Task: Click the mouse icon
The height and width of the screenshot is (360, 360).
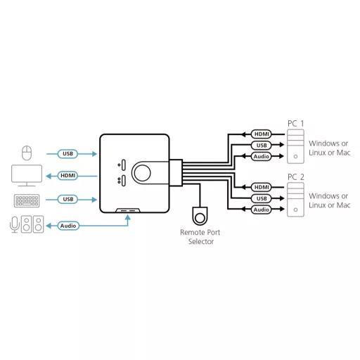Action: coord(27,153)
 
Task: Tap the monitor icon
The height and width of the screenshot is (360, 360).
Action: coord(27,176)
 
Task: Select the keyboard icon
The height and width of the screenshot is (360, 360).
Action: coord(27,201)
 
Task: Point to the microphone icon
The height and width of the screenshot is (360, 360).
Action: coord(15,224)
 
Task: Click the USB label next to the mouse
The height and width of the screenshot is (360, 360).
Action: coord(67,154)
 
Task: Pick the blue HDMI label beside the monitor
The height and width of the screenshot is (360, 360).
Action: coord(67,176)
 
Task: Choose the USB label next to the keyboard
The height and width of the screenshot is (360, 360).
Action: coord(67,199)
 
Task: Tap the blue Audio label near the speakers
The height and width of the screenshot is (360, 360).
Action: coord(68,226)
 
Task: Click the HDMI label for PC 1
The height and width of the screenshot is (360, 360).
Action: coord(262,134)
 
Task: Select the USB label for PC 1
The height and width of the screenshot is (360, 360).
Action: coord(262,146)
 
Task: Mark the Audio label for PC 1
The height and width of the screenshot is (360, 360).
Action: coord(262,156)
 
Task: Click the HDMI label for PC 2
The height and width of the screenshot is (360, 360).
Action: coord(262,187)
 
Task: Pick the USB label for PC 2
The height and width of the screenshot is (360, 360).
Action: coord(262,198)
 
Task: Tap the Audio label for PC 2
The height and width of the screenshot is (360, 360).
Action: coord(262,210)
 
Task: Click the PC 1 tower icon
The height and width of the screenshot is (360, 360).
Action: coord(295,146)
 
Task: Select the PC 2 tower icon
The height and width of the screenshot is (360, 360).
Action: coord(295,200)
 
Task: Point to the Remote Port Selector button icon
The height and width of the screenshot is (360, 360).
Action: coord(200,216)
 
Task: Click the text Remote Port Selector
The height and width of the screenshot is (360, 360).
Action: coord(200,237)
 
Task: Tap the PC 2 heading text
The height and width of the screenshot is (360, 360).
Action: coord(296,177)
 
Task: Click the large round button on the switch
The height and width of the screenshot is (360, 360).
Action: coord(142,173)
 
